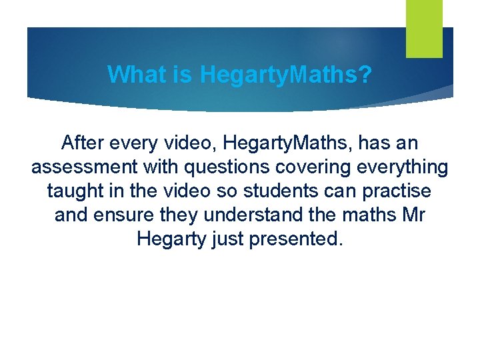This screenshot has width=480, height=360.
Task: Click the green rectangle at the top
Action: point(424,28)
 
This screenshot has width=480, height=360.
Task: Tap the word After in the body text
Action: point(81,143)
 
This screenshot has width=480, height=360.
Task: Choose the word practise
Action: point(398,191)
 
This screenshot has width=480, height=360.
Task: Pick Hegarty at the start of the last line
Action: point(168,239)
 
